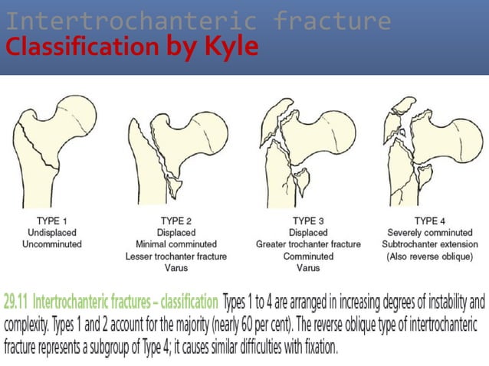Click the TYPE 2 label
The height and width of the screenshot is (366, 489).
177,221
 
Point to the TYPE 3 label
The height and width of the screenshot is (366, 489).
308,221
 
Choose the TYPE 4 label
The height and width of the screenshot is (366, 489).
432,221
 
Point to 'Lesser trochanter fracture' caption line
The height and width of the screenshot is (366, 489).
177,257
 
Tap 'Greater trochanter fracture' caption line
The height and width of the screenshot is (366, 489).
308,244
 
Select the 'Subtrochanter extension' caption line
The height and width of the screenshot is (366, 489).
432,244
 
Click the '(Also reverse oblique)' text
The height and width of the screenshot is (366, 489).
432,257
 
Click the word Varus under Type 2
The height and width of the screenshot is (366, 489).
177,268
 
